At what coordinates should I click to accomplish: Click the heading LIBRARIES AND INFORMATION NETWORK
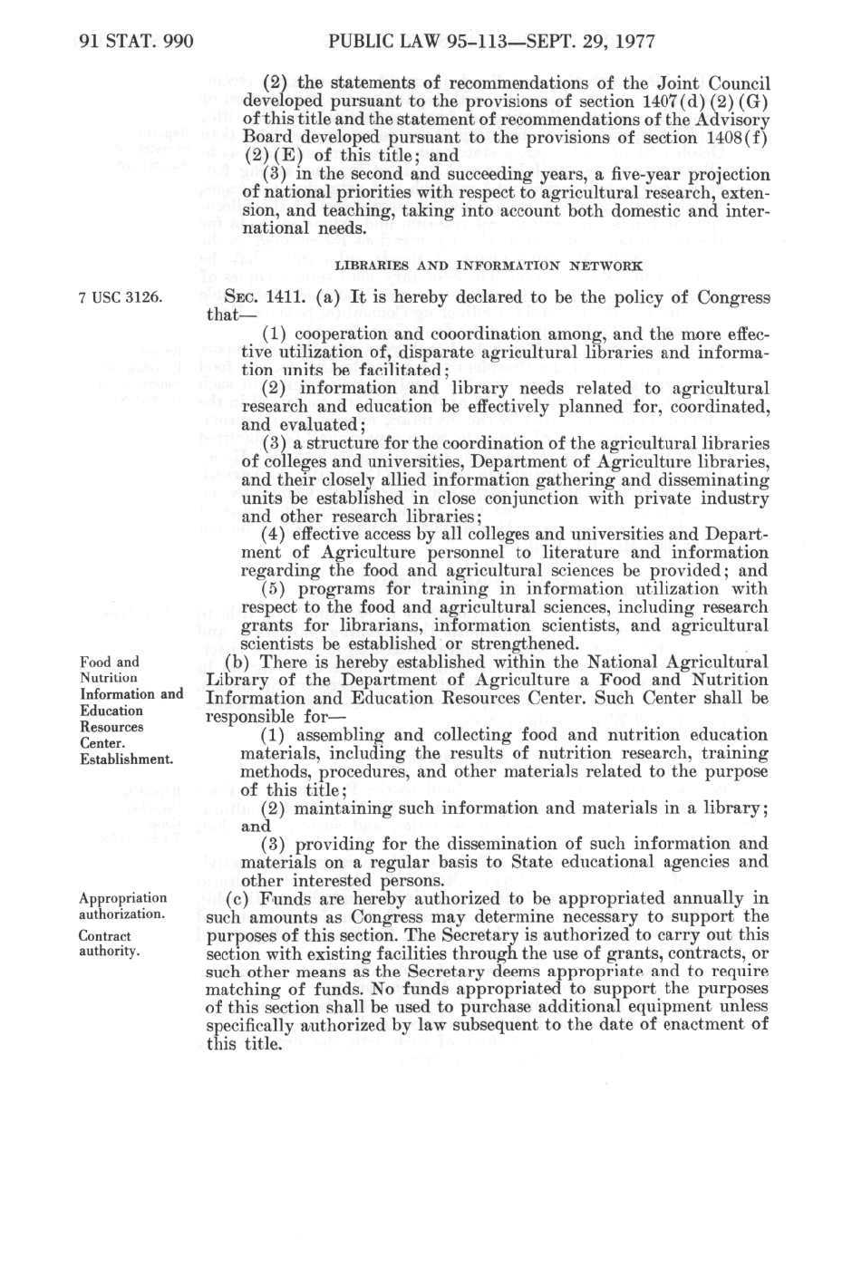[x=489, y=266]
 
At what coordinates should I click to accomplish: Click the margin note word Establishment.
[x=126, y=759]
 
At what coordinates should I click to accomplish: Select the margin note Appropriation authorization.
[x=123, y=906]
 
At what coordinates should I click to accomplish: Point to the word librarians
[x=379, y=625]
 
